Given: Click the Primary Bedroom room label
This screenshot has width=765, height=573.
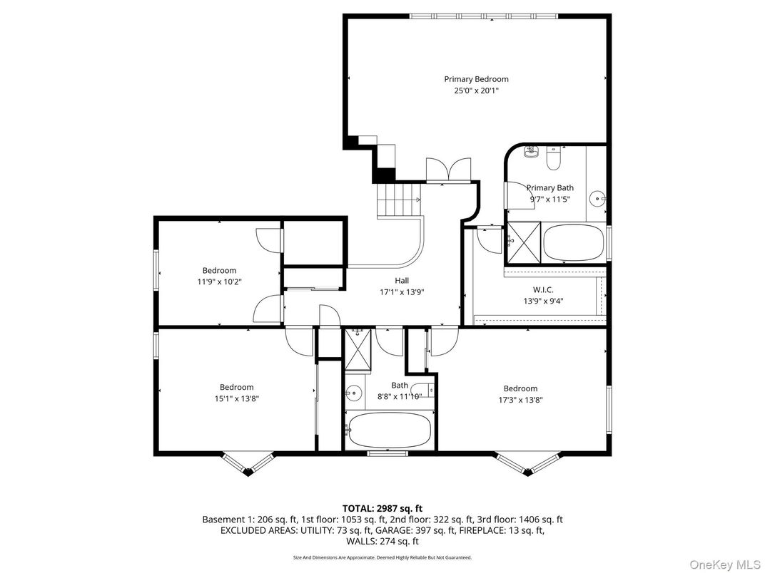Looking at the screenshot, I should point(476,79).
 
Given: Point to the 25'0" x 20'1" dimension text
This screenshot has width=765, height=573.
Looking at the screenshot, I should point(476,91).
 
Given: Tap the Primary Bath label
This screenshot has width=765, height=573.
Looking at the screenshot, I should point(549,188).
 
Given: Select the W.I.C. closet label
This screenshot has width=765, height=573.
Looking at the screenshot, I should point(543,290).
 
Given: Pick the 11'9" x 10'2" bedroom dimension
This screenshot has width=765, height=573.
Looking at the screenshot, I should point(219,282).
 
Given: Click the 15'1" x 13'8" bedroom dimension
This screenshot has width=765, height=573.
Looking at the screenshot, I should point(236,399).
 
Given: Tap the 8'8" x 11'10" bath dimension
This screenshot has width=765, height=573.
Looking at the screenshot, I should point(399,396).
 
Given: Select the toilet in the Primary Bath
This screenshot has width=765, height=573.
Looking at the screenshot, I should point(554,158).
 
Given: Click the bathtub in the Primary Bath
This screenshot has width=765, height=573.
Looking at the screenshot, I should point(574,243).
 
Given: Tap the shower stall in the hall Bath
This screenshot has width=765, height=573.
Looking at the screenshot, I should point(358,349).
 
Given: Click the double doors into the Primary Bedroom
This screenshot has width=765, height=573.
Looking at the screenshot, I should point(447,171).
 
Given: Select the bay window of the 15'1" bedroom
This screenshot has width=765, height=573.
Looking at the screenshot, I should point(247,462).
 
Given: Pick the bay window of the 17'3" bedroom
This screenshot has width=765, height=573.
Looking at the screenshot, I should point(525,462).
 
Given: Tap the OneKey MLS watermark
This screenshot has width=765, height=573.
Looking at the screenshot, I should point(724,564).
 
